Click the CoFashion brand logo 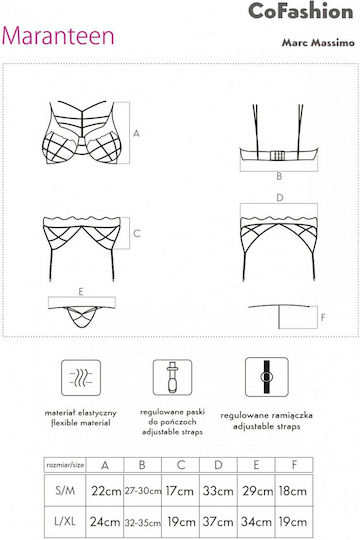pos(300,11)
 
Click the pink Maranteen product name pos(58,36)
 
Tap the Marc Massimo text pos(318,42)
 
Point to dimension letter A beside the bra pos(136,133)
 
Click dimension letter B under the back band pos(279,176)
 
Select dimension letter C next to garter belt pos(136,233)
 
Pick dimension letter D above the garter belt pos(280,198)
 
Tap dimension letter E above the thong pos(81,292)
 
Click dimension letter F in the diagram pos(323,317)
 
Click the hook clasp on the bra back pos(278,156)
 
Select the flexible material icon pos(81,378)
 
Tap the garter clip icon pos(172,377)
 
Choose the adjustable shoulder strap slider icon pos(267,377)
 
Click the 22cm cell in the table pos(105,490)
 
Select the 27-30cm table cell pos(143,490)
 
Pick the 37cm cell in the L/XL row pos(218,522)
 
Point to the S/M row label pos(65,490)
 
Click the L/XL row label pos(65,522)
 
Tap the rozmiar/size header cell pos(65,465)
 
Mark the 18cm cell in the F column pos(294,490)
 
